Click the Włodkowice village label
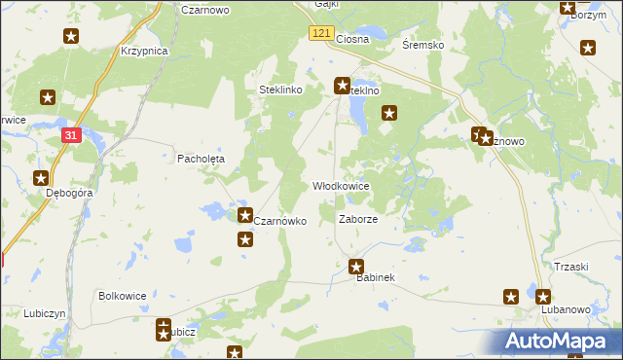(x=340, y=186)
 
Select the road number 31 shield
(x=70, y=136)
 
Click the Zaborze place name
(x=357, y=219)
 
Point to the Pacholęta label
(x=201, y=158)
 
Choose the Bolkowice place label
(x=123, y=295)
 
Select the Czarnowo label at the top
(x=204, y=9)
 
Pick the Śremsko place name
(x=423, y=46)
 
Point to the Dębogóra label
(x=70, y=193)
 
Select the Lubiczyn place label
(x=45, y=314)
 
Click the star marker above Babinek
(x=356, y=266)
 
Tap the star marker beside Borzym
(x=567, y=9)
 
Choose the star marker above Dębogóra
(x=41, y=178)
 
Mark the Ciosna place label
(x=351, y=40)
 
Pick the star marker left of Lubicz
(x=163, y=332)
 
